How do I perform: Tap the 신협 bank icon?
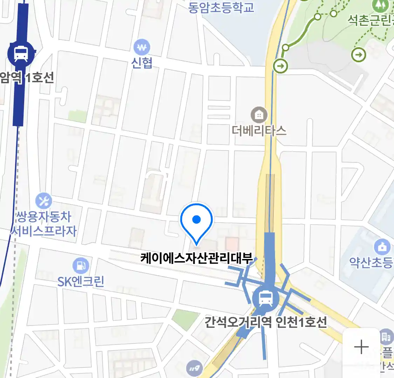[x=142, y=47]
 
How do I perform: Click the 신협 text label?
[x=142, y=63]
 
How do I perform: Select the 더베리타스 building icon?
[x=259, y=115]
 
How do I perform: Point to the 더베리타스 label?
[x=259, y=131]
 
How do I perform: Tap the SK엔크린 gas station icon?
[x=81, y=266]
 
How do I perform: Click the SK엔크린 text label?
[x=81, y=282]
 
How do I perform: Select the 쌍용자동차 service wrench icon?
[x=44, y=201]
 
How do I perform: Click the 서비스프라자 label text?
[x=44, y=231]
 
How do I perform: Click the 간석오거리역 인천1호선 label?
[x=265, y=322]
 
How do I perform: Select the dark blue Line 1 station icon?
[x=21, y=54]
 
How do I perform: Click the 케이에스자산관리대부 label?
[x=196, y=258]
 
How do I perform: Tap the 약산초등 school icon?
[x=382, y=247]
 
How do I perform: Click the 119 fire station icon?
[x=194, y=368]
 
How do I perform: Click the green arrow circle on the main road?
[x=280, y=65]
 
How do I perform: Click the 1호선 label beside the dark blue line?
[x=40, y=78]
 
